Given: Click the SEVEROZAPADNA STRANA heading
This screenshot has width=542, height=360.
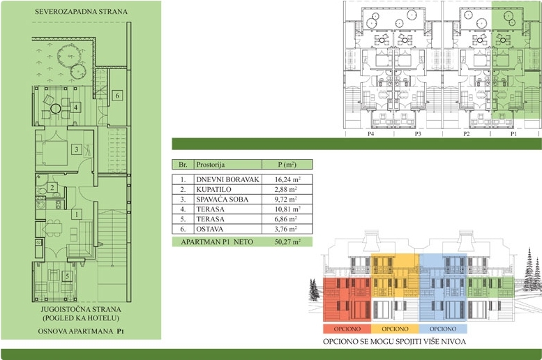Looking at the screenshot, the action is [81, 11].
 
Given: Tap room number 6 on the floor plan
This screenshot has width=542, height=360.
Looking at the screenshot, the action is [117, 96].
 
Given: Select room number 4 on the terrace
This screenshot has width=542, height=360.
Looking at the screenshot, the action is [76, 107].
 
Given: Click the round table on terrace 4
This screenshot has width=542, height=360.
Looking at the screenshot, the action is [55, 109].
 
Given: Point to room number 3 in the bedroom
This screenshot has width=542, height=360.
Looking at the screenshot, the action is [77, 149].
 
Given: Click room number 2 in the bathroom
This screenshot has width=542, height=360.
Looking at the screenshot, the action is [52, 188].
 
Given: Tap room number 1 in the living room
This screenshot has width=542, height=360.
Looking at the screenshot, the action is [77, 214].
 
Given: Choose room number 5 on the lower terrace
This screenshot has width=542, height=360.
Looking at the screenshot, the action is [67, 276].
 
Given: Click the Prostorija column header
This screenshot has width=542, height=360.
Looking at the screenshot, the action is [211, 164].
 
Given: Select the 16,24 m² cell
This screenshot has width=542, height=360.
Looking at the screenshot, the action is [287, 179].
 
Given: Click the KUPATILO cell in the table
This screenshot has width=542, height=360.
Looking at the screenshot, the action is [213, 190].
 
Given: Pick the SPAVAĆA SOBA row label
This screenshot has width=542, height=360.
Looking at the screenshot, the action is [223, 200].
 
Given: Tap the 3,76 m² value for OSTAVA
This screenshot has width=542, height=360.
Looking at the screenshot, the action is [286, 229].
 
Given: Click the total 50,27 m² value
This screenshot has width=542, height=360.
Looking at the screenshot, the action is [287, 241].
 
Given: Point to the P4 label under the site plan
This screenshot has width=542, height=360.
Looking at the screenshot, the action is [370, 134].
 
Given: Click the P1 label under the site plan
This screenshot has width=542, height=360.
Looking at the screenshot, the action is [513, 134].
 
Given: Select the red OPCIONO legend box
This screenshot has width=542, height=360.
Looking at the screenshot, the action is [347, 329].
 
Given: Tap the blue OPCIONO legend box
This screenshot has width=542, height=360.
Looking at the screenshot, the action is [443, 329].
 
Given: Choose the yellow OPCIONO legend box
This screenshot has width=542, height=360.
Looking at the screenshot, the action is [395, 329].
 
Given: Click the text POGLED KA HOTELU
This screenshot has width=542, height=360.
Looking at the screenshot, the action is [80, 318].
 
